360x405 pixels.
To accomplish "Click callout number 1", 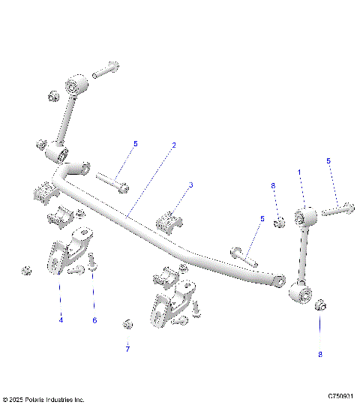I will (x=301, y=172).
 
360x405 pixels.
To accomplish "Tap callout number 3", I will (x=190, y=184).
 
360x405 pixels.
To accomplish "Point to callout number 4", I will (x=61, y=320).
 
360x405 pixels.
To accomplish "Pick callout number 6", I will (x=94, y=320).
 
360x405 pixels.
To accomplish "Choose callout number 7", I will (x=127, y=349).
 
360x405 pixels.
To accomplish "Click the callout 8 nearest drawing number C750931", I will (x=320, y=354).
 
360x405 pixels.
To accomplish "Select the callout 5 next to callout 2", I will (x=136, y=143).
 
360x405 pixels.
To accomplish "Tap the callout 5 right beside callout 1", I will (x=328, y=160).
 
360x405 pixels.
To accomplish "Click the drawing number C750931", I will (x=341, y=395).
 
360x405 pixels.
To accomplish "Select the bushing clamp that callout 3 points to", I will (x=169, y=223).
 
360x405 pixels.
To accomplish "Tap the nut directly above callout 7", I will (x=127, y=323).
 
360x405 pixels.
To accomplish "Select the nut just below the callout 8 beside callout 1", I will (x=278, y=222).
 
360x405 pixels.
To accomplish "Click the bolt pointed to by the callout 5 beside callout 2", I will (x=113, y=181).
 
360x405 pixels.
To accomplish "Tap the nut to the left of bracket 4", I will (x=26, y=270).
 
